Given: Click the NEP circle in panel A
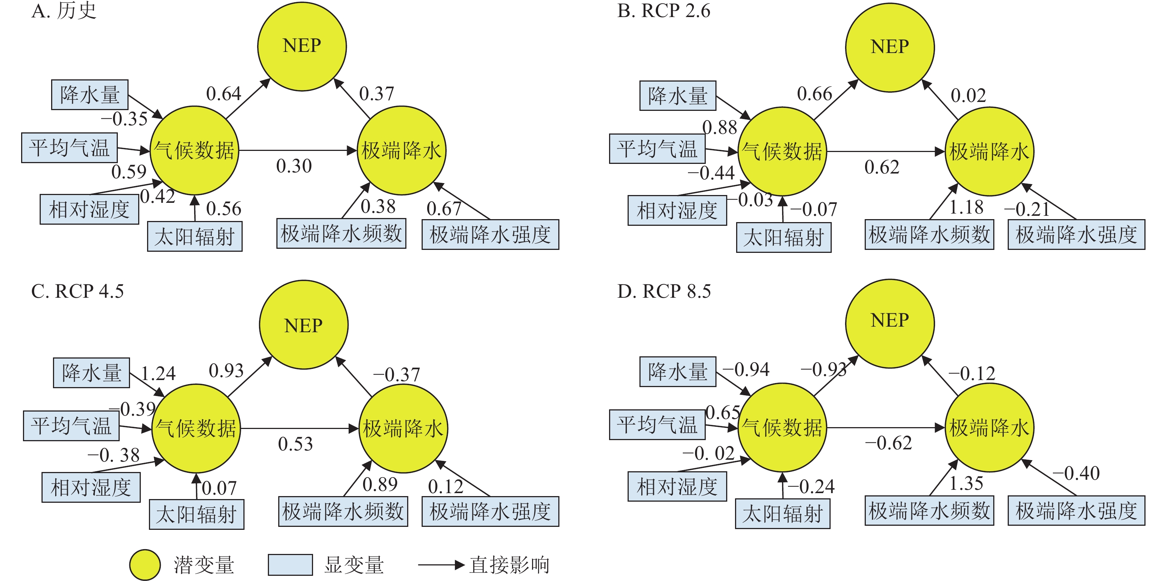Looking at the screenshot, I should (302, 46).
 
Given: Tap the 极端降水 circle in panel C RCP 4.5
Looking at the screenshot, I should (403, 428).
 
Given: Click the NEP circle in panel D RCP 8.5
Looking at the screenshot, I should (890, 323).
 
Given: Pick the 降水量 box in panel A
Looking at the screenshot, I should (90, 95).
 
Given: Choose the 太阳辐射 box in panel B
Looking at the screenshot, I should (783, 237).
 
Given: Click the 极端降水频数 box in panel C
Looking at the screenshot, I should (343, 512).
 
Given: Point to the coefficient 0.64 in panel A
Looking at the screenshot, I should (223, 94).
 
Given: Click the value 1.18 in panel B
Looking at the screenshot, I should (966, 207).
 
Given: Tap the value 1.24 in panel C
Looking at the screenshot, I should (158, 374).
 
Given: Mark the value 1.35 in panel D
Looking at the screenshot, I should (966, 483).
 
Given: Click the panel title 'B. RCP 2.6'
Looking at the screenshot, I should (664, 11).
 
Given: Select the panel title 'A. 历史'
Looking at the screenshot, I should (64, 11).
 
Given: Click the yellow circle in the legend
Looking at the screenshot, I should (145, 565).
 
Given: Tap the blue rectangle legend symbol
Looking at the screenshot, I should (290, 565).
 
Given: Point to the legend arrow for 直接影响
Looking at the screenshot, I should (441, 565).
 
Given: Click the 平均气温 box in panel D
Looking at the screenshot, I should (657, 425).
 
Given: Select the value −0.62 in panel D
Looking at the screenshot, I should (888, 443).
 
